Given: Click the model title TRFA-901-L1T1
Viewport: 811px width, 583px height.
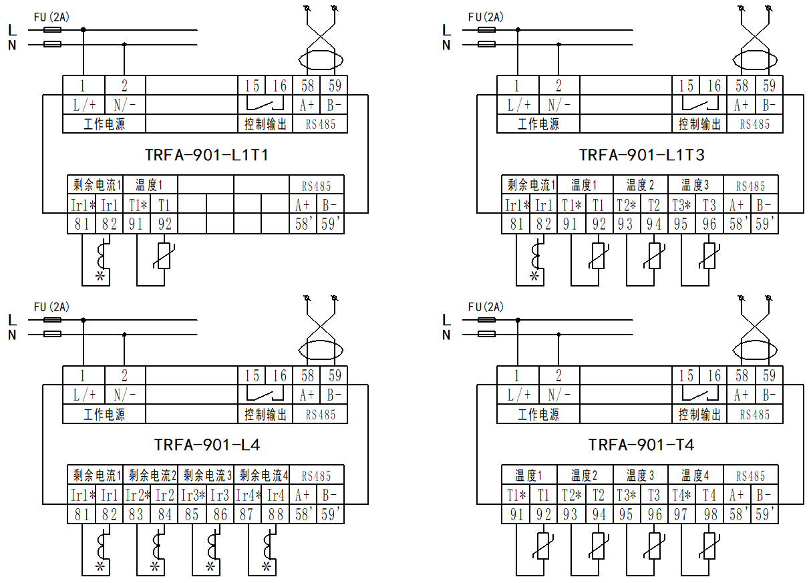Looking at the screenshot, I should point(206,155).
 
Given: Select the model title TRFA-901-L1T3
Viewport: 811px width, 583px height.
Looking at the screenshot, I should point(641,155).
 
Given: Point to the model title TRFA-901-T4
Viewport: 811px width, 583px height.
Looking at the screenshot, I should point(641,445).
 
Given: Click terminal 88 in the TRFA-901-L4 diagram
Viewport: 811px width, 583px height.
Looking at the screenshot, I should point(276,515).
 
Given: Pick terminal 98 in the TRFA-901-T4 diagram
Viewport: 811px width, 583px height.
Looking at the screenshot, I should point(709,515).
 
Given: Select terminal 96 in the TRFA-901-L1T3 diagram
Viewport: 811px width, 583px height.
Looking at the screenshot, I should point(709,224).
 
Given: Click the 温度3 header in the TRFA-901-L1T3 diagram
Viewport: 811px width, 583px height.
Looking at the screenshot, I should point(695,186).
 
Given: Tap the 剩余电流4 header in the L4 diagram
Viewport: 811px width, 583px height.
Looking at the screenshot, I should point(263,476).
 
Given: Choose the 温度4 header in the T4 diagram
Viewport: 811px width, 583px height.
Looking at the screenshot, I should point(695,476).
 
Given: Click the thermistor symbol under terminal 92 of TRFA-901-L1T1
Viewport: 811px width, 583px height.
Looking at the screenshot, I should point(164,256).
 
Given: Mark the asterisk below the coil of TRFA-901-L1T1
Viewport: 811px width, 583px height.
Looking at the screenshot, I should point(100,276).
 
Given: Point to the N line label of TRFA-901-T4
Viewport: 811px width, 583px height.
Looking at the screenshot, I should point(446,335).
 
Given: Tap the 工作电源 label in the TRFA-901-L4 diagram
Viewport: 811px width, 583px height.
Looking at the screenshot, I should point(104,415).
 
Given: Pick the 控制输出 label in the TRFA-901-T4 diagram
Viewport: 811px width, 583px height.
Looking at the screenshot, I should point(700,415).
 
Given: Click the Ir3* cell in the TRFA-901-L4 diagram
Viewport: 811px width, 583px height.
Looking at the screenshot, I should point(192,496).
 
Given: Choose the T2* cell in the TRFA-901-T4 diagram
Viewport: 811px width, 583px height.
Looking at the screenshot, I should point(571,496).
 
